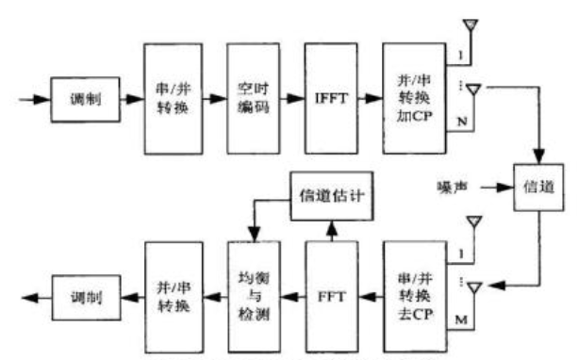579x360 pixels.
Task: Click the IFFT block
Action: pyautogui.click(x=330, y=97)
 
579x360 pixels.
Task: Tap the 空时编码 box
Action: pyautogui.click(x=254, y=97)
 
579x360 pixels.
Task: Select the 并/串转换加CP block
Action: pyautogui.click(x=411, y=97)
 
